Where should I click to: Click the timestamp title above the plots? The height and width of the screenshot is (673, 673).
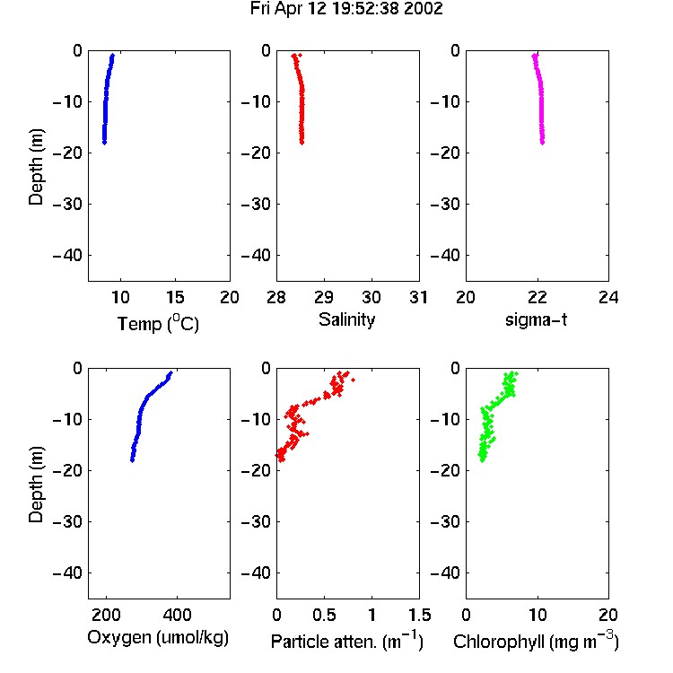click(x=346, y=9)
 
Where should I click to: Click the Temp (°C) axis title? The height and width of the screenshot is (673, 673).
click(x=158, y=323)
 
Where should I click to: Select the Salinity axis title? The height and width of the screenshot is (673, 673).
click(x=346, y=320)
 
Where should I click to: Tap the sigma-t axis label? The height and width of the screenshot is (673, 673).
click(x=536, y=319)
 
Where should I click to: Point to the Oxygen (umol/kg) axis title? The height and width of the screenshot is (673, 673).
click(x=158, y=637)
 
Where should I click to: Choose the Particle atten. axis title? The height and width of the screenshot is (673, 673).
click(x=346, y=642)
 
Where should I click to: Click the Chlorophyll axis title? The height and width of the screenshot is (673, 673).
click(x=536, y=642)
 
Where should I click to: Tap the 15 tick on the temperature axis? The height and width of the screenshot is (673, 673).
click(x=175, y=297)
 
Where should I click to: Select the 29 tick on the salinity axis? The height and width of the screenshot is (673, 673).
click(x=324, y=297)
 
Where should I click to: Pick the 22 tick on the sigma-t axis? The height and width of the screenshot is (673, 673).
click(x=537, y=297)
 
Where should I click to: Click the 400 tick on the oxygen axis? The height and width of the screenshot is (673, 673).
click(x=177, y=615)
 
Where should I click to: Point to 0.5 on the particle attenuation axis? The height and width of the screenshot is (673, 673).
click(x=324, y=615)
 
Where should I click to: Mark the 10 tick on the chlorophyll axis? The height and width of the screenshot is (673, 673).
click(x=538, y=615)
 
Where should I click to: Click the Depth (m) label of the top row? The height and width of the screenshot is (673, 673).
click(x=36, y=167)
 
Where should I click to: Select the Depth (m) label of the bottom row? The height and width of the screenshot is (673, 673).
click(x=36, y=485)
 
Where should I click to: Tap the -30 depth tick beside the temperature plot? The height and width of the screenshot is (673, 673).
click(x=67, y=204)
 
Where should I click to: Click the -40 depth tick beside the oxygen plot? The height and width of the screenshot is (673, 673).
click(x=67, y=572)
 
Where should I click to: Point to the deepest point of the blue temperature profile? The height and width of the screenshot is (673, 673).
click(x=104, y=142)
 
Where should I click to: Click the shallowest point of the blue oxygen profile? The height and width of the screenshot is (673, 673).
click(x=170, y=373)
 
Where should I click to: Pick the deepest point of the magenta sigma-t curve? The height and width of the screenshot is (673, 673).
click(x=543, y=142)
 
